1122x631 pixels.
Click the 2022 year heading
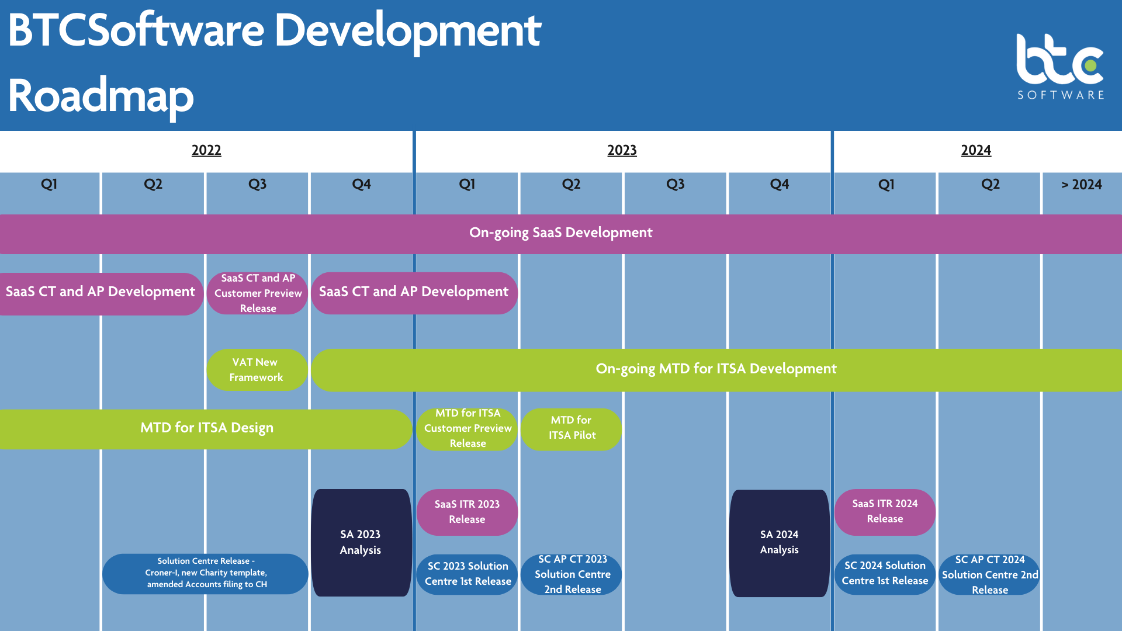(206, 150)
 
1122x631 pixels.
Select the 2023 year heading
(622, 150)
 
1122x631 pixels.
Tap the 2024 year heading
(976, 150)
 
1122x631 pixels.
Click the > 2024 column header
(1081, 185)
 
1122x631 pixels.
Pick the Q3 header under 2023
(675, 185)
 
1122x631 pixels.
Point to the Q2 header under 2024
(990, 185)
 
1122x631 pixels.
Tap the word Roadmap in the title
(101, 96)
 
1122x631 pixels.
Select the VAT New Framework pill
(257, 370)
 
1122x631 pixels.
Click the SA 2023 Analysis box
(361, 542)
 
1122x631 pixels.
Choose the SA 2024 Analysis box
(779, 542)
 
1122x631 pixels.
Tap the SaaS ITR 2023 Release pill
(467, 512)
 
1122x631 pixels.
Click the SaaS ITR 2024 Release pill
(885, 511)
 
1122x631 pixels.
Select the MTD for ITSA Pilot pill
(572, 428)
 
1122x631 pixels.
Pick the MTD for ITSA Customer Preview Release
(467, 428)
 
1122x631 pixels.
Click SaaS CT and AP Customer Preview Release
(258, 293)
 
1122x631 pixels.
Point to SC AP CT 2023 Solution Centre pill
(572, 574)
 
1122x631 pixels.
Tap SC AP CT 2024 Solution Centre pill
(989, 575)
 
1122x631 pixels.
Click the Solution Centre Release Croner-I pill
(206, 573)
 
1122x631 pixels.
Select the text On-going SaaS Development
(560, 233)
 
